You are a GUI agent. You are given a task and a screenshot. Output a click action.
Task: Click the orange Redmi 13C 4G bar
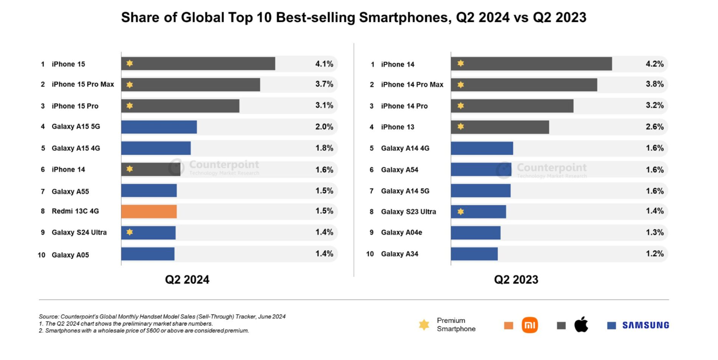(149, 211)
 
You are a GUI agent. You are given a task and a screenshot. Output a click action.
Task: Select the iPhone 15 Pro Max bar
(191, 84)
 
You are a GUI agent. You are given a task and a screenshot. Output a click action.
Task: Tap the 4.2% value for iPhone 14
(654, 64)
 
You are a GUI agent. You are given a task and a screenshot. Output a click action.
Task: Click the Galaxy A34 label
(399, 254)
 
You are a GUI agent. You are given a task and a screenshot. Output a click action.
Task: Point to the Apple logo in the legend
(581, 324)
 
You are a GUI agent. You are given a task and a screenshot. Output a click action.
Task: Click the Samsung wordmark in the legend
(645, 325)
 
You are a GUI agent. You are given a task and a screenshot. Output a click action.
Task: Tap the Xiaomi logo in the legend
(530, 325)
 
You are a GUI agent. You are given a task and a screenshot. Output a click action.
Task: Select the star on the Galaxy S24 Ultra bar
(129, 232)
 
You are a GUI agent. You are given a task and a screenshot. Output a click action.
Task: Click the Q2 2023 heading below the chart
(516, 280)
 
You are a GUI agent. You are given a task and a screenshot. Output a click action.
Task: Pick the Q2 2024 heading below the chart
(187, 280)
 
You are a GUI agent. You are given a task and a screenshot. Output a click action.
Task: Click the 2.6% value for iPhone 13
(654, 127)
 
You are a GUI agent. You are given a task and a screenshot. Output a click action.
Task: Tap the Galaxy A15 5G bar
(159, 127)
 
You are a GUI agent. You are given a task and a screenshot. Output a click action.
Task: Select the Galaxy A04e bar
(476, 232)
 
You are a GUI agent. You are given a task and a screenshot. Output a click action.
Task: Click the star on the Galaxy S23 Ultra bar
(460, 211)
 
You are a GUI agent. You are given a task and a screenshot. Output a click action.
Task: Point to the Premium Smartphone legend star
(424, 324)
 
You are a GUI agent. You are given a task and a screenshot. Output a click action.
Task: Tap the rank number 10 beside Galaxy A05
(41, 255)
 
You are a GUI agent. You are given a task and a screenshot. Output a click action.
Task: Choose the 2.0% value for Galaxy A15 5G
(324, 127)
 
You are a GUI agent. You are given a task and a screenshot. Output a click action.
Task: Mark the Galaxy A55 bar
(149, 190)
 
